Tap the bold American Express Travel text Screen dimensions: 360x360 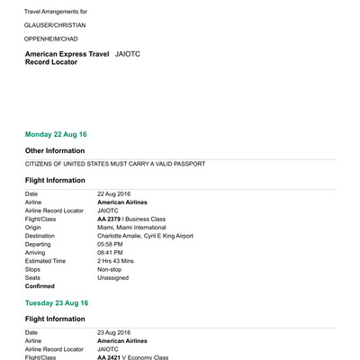point(67,54)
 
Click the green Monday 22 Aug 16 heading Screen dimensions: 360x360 point(56,134)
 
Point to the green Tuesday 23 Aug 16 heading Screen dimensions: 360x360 point(57,303)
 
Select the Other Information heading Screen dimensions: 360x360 point(60,150)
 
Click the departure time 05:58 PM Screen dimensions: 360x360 point(111,244)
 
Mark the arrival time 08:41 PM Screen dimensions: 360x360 point(111,253)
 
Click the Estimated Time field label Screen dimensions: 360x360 point(45,261)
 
